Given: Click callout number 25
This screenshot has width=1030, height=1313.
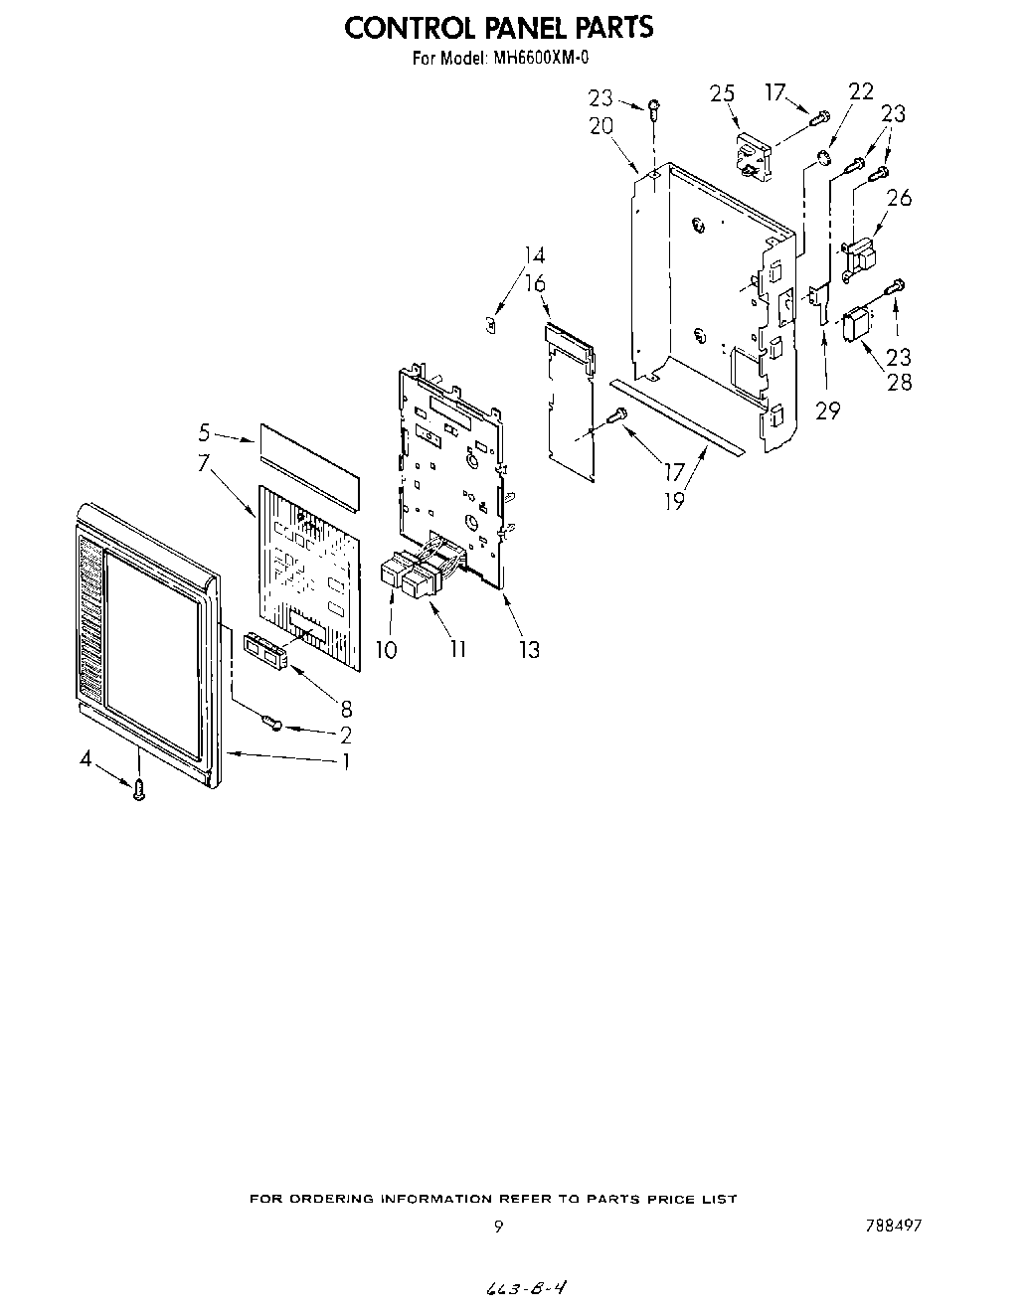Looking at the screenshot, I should pos(722,93).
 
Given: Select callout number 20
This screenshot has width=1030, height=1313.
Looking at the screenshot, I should pos(601,126).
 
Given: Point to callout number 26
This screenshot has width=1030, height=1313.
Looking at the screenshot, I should pos(899,198).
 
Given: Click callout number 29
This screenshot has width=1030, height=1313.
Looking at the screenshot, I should pos(827,410).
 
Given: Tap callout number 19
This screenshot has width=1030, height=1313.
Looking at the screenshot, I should pos(674,501).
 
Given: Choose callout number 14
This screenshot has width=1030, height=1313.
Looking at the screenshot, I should pos(535,255).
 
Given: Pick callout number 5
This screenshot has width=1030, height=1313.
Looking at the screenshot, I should pos(204,432).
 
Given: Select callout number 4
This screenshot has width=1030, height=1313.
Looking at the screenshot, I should pos(86,759).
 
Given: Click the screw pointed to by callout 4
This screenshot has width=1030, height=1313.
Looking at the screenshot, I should pos(139,790).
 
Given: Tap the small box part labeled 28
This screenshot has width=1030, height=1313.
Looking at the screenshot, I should pos(854,326).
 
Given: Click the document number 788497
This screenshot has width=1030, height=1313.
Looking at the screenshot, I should pos(893,1226).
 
